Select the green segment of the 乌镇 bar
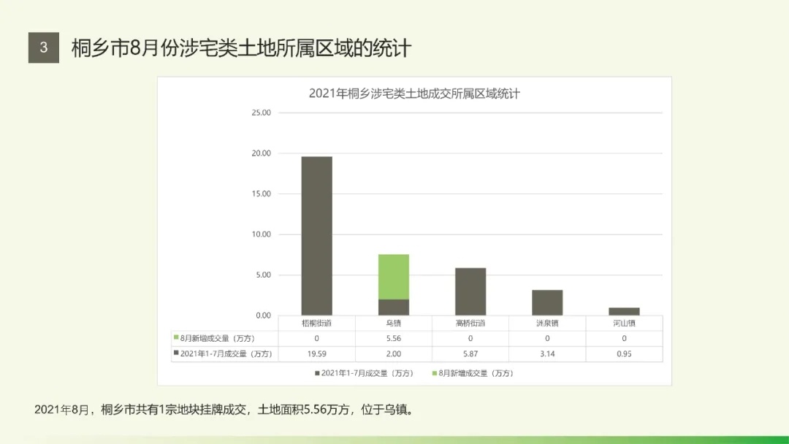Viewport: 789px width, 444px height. (394, 277)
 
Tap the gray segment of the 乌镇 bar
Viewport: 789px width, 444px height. (394, 307)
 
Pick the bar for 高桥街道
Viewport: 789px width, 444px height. (470, 291)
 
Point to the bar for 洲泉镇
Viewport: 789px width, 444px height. (547, 302)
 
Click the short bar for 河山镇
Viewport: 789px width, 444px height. (624, 312)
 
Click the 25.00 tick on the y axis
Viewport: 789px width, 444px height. (261, 113)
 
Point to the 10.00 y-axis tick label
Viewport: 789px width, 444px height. (261, 234)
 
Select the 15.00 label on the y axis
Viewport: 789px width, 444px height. (261, 194)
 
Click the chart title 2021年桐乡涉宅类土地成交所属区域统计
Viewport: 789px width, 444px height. (414, 93)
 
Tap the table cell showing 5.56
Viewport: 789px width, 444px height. (394, 338)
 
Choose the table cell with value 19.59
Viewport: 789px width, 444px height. (316, 353)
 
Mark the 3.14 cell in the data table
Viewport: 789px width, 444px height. (547, 353)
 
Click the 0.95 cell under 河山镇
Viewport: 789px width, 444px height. (624, 353)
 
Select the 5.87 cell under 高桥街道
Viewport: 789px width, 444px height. (470, 353)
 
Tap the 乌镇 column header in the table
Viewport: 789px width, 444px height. (394, 323)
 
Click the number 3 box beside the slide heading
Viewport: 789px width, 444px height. (44, 48)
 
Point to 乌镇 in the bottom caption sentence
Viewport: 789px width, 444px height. (395, 410)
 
